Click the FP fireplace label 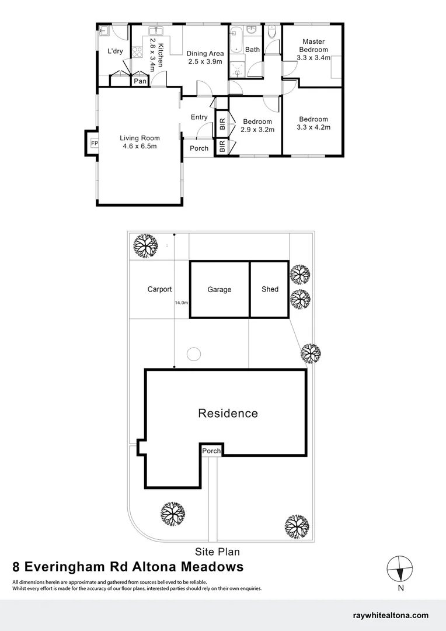94,143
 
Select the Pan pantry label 140,81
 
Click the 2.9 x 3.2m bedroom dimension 257,130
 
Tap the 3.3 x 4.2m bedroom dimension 313,127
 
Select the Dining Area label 205,54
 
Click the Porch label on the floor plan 199,148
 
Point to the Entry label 199,117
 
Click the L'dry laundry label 115,51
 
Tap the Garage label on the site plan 219,289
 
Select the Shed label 270,289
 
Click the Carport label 159,289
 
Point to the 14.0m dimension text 181,303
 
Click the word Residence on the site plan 228,414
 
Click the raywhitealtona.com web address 391,615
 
